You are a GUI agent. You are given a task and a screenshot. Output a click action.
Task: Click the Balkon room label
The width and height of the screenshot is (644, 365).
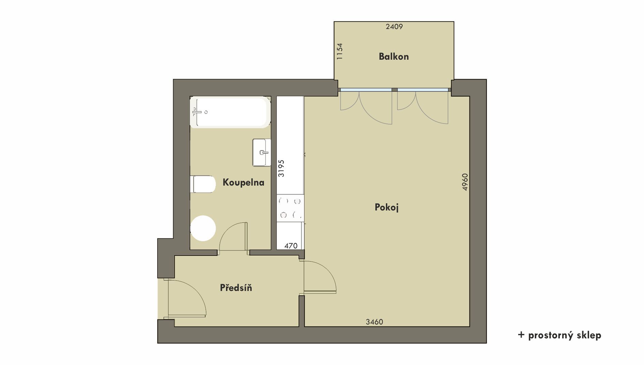click(394, 57)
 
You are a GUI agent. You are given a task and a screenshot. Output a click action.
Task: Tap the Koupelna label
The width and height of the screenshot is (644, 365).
click(243, 182)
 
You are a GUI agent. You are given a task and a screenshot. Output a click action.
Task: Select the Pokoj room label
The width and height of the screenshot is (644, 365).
click(387, 207)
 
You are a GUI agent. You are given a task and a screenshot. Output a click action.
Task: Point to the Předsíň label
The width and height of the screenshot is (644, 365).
click(236, 288)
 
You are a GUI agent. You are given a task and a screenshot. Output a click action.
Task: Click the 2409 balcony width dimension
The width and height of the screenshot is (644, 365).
click(394, 27)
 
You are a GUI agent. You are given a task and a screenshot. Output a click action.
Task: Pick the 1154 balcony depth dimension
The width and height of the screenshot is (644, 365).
click(339, 52)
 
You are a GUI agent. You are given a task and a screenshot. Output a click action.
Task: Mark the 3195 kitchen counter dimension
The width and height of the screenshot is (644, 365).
click(281, 168)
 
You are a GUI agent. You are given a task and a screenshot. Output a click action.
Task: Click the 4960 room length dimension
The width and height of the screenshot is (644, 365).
click(465, 182)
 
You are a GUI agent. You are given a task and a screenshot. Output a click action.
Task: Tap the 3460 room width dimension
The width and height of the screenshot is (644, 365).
click(374, 322)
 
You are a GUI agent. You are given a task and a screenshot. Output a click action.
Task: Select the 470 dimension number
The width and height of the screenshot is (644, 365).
click(291, 246)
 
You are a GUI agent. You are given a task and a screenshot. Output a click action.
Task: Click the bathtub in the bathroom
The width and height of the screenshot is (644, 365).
click(230, 112)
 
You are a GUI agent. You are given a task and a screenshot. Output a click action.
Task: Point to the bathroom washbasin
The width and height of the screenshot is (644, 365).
click(262, 152)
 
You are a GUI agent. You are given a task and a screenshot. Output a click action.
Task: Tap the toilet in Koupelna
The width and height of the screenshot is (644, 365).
click(203, 184)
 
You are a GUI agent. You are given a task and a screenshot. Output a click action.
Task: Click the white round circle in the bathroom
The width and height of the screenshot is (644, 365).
click(203, 228)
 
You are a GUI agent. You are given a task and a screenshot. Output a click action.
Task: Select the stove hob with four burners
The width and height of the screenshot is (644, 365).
click(290, 208)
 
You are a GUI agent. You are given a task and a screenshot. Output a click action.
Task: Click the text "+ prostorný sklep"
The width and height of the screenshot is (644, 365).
click(559, 335)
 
